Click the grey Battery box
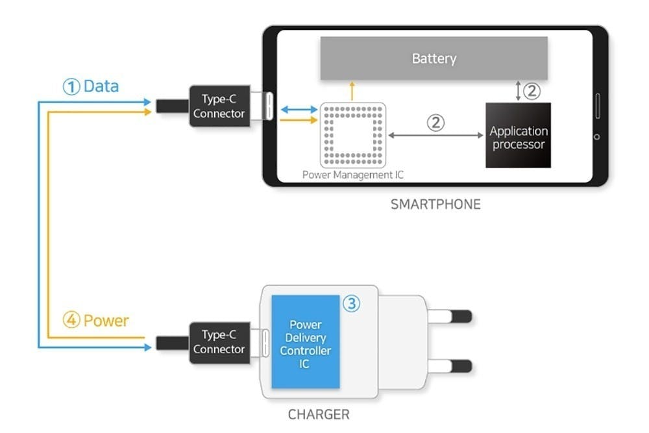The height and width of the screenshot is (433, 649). tap(434, 58)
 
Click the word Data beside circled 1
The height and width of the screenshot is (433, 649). tap(101, 86)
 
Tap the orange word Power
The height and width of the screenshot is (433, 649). tap(106, 321)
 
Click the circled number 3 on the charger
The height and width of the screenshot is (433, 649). tap(351, 304)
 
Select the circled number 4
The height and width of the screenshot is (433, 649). tap(71, 321)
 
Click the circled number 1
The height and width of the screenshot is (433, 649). tap(71, 86)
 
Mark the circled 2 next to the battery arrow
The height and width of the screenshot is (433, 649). tap(532, 91)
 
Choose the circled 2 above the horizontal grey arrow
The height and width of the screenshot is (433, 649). tap(436, 121)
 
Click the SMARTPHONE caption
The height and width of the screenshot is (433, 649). tap(435, 204)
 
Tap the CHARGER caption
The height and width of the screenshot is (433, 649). tap(318, 414)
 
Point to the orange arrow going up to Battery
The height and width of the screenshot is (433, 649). tap(352, 91)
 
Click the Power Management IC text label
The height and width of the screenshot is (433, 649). tap(353, 175)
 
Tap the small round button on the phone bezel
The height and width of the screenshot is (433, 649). tap(597, 137)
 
